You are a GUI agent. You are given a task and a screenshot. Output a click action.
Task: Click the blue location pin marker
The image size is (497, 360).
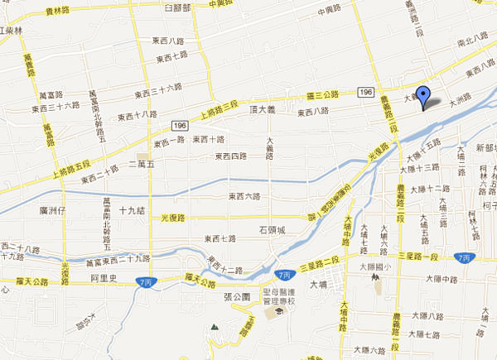(x=423, y=97)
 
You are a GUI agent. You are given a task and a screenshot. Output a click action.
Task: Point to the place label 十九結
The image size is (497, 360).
(x=133, y=211)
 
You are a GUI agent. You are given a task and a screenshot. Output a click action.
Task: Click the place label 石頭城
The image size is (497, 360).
(x=272, y=231)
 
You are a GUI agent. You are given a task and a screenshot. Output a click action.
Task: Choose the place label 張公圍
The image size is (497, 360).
(x=237, y=295)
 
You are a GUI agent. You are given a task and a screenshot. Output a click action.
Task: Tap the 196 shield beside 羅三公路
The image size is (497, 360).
(x=366, y=92)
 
